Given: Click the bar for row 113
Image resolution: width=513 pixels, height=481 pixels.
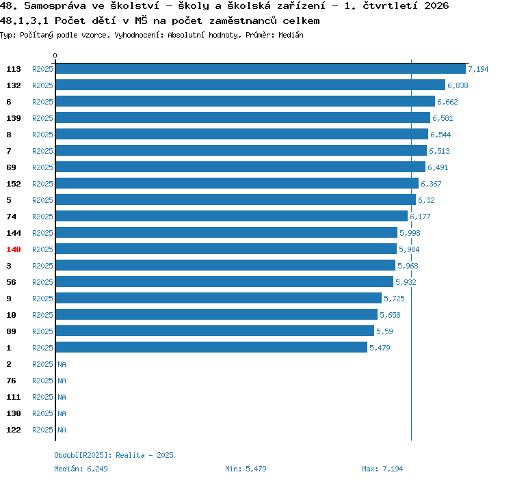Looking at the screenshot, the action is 261,68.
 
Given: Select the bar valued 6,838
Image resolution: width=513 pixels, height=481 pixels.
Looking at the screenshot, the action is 250,85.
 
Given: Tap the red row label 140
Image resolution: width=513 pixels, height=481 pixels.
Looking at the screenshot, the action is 14,249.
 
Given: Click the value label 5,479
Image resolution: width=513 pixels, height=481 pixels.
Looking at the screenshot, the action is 380,348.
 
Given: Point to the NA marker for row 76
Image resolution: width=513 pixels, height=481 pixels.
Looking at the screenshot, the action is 62,381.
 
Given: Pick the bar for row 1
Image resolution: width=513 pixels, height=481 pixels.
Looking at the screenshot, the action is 211,347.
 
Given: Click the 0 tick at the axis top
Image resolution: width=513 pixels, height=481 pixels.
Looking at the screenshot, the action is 55,55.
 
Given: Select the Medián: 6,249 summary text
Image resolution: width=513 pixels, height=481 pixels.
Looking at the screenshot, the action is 81,469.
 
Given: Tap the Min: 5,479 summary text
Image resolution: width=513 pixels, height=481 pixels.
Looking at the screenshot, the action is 246,469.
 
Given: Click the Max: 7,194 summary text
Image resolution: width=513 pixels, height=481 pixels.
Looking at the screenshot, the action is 382,469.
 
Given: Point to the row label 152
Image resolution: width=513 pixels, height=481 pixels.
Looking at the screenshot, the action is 14,184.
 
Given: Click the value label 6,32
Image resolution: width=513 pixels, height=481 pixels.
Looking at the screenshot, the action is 426,200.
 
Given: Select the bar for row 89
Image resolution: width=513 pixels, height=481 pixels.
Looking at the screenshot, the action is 215,331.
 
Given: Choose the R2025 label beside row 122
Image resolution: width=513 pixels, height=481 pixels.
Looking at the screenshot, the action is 42,430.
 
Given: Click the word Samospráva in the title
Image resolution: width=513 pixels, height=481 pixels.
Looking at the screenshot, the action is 55,6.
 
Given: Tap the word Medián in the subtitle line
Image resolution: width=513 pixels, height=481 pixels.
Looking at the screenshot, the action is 291,35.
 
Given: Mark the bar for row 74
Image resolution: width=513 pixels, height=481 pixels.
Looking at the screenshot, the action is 232,216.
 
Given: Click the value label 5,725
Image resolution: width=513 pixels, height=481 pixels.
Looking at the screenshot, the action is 394,299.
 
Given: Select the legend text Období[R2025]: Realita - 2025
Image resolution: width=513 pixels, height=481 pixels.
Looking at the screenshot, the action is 114,455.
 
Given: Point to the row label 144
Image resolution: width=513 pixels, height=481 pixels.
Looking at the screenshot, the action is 14,233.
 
